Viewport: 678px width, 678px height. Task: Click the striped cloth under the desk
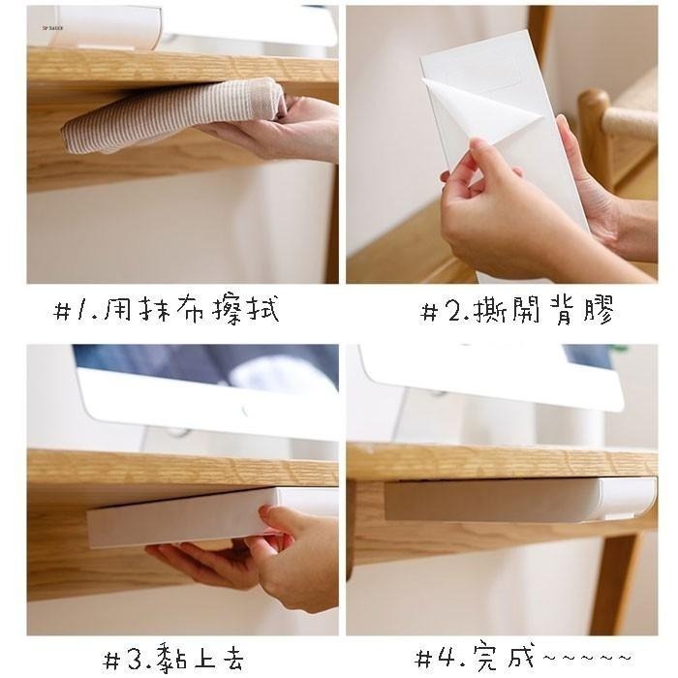click(173, 116)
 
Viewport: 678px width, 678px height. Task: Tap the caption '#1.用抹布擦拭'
click(166, 309)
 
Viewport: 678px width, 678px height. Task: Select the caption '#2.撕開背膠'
click(517, 310)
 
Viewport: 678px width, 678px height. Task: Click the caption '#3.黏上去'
click(173, 658)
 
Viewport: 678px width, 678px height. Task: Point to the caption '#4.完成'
click(475, 657)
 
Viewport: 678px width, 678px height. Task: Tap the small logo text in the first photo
click(52, 28)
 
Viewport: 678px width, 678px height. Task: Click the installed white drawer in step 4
click(520, 499)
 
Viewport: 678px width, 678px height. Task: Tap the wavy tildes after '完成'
click(587, 658)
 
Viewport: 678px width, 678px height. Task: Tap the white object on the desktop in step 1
click(104, 27)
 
